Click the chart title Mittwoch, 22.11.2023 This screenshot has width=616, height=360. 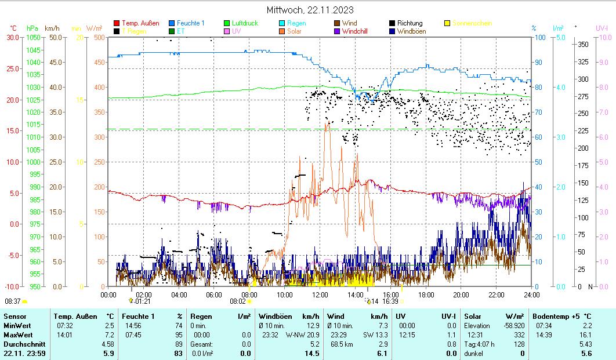(x=310, y=10)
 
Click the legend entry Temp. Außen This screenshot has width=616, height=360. (x=140, y=23)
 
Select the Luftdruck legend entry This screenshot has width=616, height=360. (x=241, y=23)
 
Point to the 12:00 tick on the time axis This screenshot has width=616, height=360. (x=320, y=294)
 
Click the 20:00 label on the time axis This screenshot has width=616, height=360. (x=461, y=294)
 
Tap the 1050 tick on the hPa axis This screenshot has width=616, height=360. (x=33, y=38)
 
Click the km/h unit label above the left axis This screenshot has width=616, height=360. (x=52, y=28)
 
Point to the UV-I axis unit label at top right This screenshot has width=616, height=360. (x=601, y=28)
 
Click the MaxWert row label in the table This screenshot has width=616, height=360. (x=17, y=335)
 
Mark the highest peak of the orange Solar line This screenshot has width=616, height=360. (x=328, y=122)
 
